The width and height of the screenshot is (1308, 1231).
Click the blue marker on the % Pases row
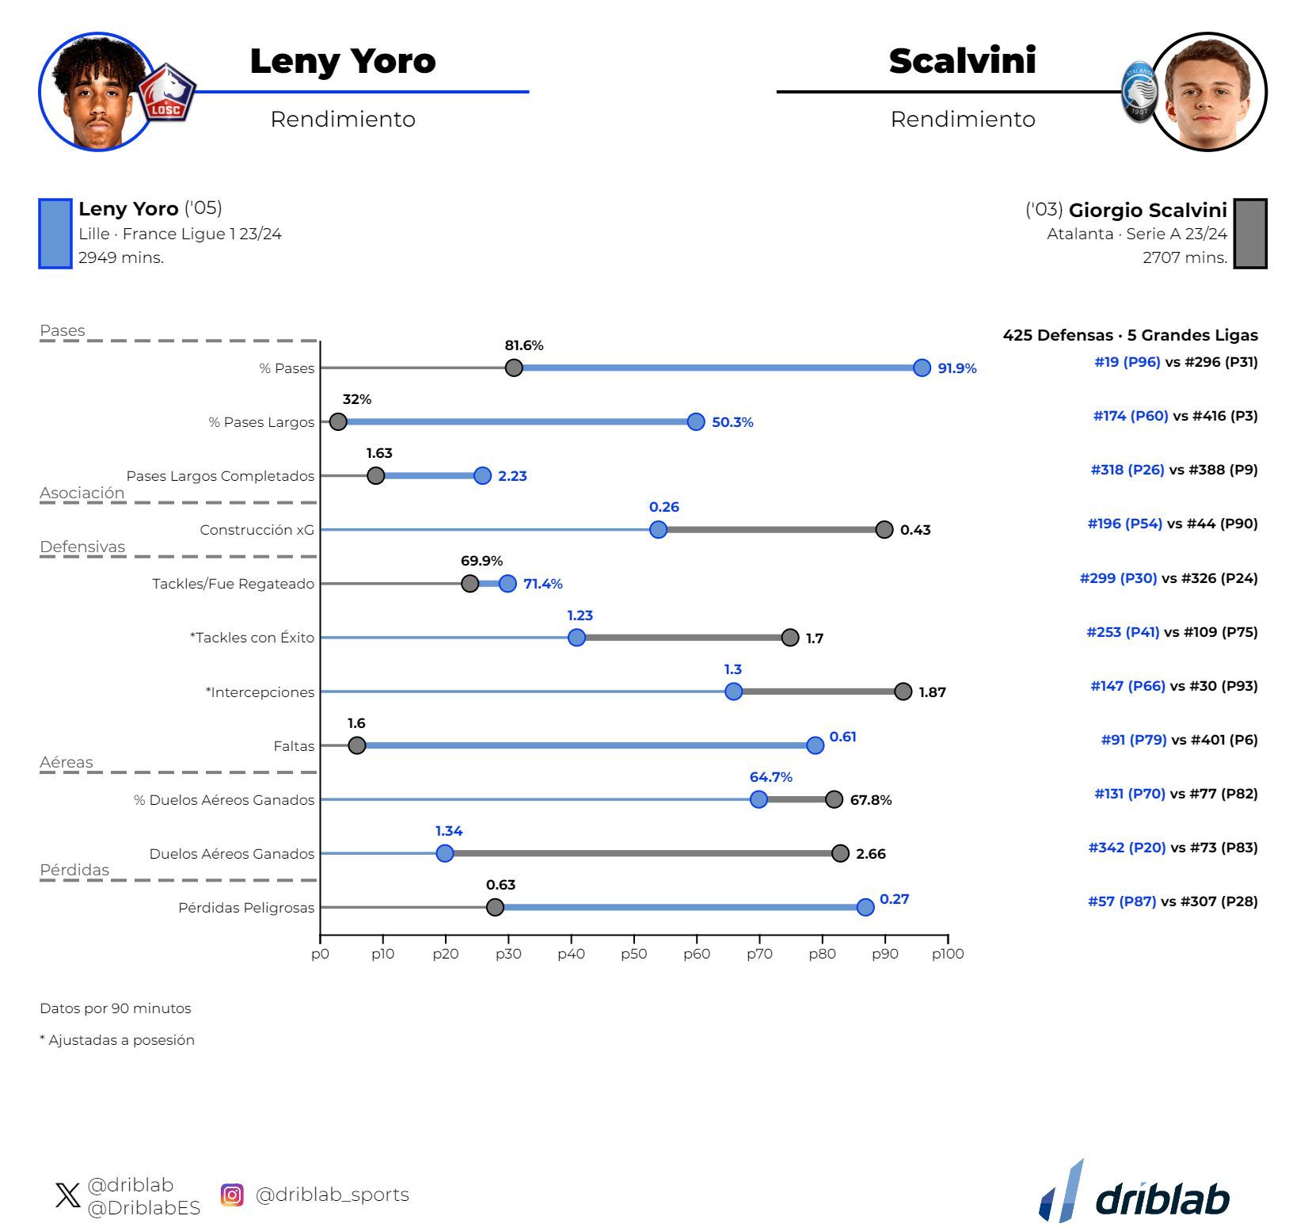(x=922, y=368)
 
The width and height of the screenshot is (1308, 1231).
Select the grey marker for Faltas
(x=357, y=745)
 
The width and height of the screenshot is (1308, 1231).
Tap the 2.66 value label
(x=870, y=854)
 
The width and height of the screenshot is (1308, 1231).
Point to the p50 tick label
(x=633, y=954)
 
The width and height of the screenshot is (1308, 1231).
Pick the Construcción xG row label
(x=257, y=530)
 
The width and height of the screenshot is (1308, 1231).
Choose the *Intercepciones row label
(x=260, y=692)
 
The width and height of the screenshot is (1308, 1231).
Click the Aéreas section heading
(x=67, y=762)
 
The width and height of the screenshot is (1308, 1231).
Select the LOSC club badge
(x=166, y=93)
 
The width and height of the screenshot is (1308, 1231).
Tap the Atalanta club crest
(x=1139, y=93)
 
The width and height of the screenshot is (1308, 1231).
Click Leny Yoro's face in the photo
(x=97, y=103)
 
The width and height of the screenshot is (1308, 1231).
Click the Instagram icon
(x=232, y=1195)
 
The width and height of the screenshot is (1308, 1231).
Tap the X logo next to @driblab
(x=68, y=1195)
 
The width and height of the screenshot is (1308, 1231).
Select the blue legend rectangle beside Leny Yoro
(x=55, y=234)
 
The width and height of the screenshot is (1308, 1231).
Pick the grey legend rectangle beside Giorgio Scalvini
(x=1250, y=234)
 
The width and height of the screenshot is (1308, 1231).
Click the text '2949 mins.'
(x=121, y=257)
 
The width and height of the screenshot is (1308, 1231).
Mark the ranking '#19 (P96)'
(x=1127, y=362)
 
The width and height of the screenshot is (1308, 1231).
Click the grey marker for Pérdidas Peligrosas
(x=495, y=907)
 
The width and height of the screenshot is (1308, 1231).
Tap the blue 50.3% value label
(x=732, y=422)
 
